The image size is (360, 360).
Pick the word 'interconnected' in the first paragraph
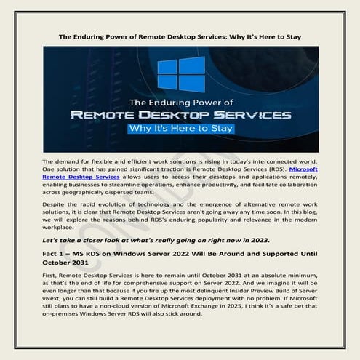tap(276, 160)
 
